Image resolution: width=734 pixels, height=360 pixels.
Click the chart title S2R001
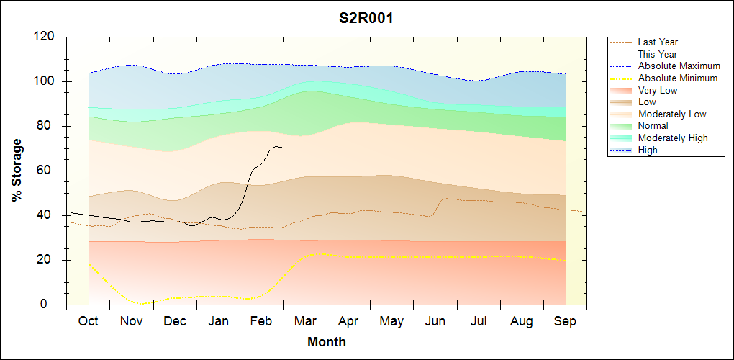point(366,18)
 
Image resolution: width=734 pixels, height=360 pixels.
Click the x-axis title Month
point(327,342)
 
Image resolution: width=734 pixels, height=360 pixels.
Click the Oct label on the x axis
point(89,321)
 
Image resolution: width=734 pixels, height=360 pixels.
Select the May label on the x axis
point(391,321)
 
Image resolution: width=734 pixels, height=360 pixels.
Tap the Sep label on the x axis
point(565,321)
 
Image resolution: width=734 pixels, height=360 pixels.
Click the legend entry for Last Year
point(657,42)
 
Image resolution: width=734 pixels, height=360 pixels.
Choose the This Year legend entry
point(657,54)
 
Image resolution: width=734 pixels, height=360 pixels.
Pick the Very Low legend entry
point(658,90)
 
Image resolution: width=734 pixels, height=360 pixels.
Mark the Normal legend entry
point(653,126)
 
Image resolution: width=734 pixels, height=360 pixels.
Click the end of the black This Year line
point(281,147)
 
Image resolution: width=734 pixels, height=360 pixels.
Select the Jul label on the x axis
point(479,321)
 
